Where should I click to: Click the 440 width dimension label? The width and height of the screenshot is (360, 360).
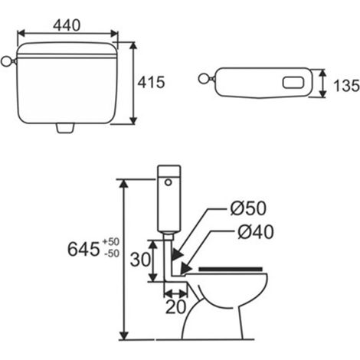[67, 25]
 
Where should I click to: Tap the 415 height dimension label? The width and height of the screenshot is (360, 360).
[152, 82]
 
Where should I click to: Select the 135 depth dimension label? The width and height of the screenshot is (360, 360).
[346, 86]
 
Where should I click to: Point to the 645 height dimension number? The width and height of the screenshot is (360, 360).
[83, 249]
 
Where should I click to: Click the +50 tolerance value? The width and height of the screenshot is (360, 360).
[111, 241]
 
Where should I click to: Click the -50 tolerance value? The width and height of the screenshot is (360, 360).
[112, 254]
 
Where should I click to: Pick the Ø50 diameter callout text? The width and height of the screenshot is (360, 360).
[248, 208]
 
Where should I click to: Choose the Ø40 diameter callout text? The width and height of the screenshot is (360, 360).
[256, 232]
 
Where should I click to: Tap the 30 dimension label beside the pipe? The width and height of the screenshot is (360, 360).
[140, 260]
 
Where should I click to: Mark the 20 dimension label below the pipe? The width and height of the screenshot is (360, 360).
[175, 307]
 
